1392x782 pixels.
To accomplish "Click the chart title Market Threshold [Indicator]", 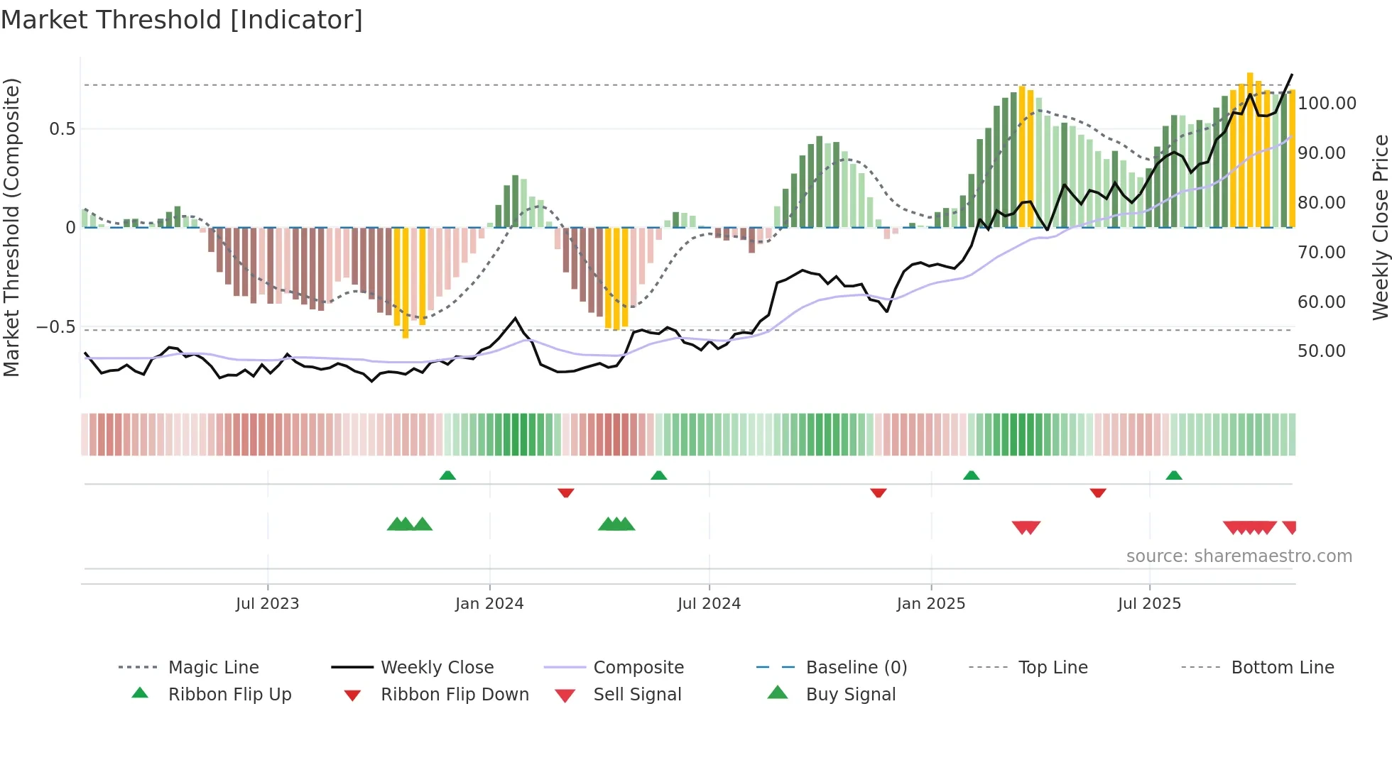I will [x=182, y=20].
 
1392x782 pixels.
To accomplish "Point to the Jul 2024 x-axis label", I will [x=709, y=604].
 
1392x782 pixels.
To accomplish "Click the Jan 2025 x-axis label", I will [x=930, y=604].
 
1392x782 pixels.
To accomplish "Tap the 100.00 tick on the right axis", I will [x=1327, y=104].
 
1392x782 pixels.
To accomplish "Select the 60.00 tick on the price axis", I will [x=1321, y=302].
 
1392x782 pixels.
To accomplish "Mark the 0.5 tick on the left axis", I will [x=62, y=129].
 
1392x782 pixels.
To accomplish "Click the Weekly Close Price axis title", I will [x=1380, y=227].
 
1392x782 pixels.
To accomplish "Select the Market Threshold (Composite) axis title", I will [x=11, y=227].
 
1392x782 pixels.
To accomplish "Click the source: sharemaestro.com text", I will [x=1239, y=556].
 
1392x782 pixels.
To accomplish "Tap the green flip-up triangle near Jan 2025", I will [x=971, y=475].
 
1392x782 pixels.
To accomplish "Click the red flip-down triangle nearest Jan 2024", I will [x=566, y=492].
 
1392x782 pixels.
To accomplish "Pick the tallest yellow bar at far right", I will [x=1250, y=149].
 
